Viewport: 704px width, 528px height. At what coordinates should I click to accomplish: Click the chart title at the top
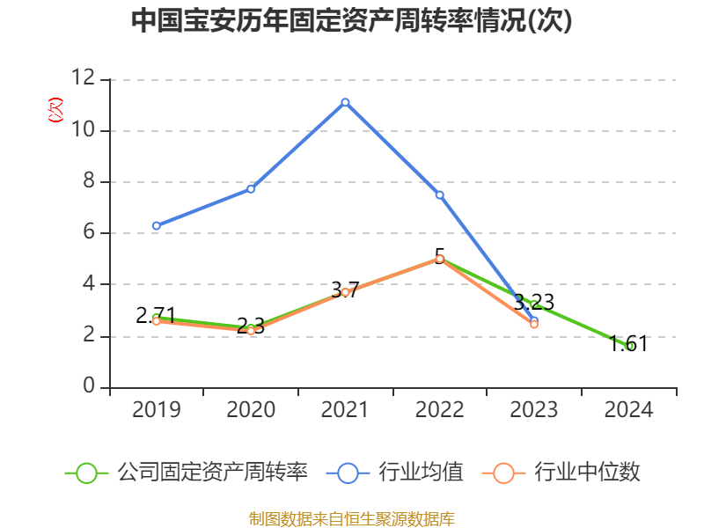pos(352,21)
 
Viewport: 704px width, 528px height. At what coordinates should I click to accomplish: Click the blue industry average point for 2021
pos(345,102)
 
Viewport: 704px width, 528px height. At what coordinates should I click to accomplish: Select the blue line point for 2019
pos(156,226)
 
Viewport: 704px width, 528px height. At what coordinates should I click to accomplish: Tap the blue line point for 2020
pos(251,188)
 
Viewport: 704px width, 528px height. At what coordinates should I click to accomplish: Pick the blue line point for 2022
pos(439,194)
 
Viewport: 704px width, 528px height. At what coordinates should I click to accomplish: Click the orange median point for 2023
pos(534,325)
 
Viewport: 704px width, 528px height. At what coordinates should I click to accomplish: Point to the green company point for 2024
pos(629,346)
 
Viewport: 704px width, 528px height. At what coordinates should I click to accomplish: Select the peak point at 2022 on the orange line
pos(439,259)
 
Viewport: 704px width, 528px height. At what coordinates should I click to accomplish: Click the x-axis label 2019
pos(156,410)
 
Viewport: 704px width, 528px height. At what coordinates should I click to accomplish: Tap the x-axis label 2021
pos(345,410)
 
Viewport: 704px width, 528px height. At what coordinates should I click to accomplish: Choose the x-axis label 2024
pos(629,410)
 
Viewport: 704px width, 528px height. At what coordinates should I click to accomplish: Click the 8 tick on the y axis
pos(88,182)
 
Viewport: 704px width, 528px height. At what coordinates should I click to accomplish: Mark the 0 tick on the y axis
pos(88,387)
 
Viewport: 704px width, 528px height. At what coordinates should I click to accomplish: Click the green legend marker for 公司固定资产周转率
pos(86,473)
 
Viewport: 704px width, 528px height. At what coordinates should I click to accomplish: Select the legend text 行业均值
pos(421,473)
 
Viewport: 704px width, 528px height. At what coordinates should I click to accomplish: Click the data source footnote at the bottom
pos(352,518)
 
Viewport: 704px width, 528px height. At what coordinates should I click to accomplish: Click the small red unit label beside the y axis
pos(55,110)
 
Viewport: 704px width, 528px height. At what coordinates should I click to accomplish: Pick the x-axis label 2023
pos(534,410)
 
